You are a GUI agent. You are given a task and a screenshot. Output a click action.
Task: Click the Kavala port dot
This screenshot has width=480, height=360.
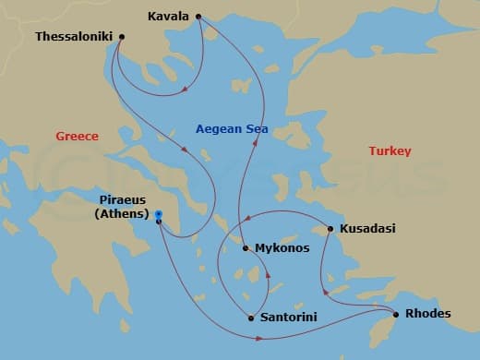pos(198,17)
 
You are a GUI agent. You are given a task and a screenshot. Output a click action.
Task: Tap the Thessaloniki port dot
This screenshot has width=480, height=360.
pos(122,37)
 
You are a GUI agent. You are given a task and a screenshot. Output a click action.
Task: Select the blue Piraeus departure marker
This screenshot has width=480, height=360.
pos(159,215)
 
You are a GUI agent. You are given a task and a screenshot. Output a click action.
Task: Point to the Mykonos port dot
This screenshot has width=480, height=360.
pos(245,247)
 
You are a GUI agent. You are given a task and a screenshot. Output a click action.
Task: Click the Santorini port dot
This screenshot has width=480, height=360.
pos(251,318)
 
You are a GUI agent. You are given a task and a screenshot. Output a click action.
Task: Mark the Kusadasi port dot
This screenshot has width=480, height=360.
pos(330,229)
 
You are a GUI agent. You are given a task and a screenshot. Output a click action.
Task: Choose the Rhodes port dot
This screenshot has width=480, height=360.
pos(396,314)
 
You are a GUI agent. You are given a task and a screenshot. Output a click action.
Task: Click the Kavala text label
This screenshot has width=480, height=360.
pos(168,17)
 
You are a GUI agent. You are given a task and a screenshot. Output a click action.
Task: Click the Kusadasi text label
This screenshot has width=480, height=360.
pos(367,228)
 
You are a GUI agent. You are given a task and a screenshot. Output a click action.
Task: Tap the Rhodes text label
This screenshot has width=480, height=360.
pos(427,314)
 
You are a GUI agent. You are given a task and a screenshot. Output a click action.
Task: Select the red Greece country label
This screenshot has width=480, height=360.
pos(78,136)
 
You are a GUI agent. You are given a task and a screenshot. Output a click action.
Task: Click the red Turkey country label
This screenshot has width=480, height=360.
pos(390,150)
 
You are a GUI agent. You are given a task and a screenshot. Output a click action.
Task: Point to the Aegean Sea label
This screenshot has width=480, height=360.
pos(232,130)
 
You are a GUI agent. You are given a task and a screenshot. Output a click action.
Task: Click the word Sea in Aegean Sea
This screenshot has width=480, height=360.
pos(256,130)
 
